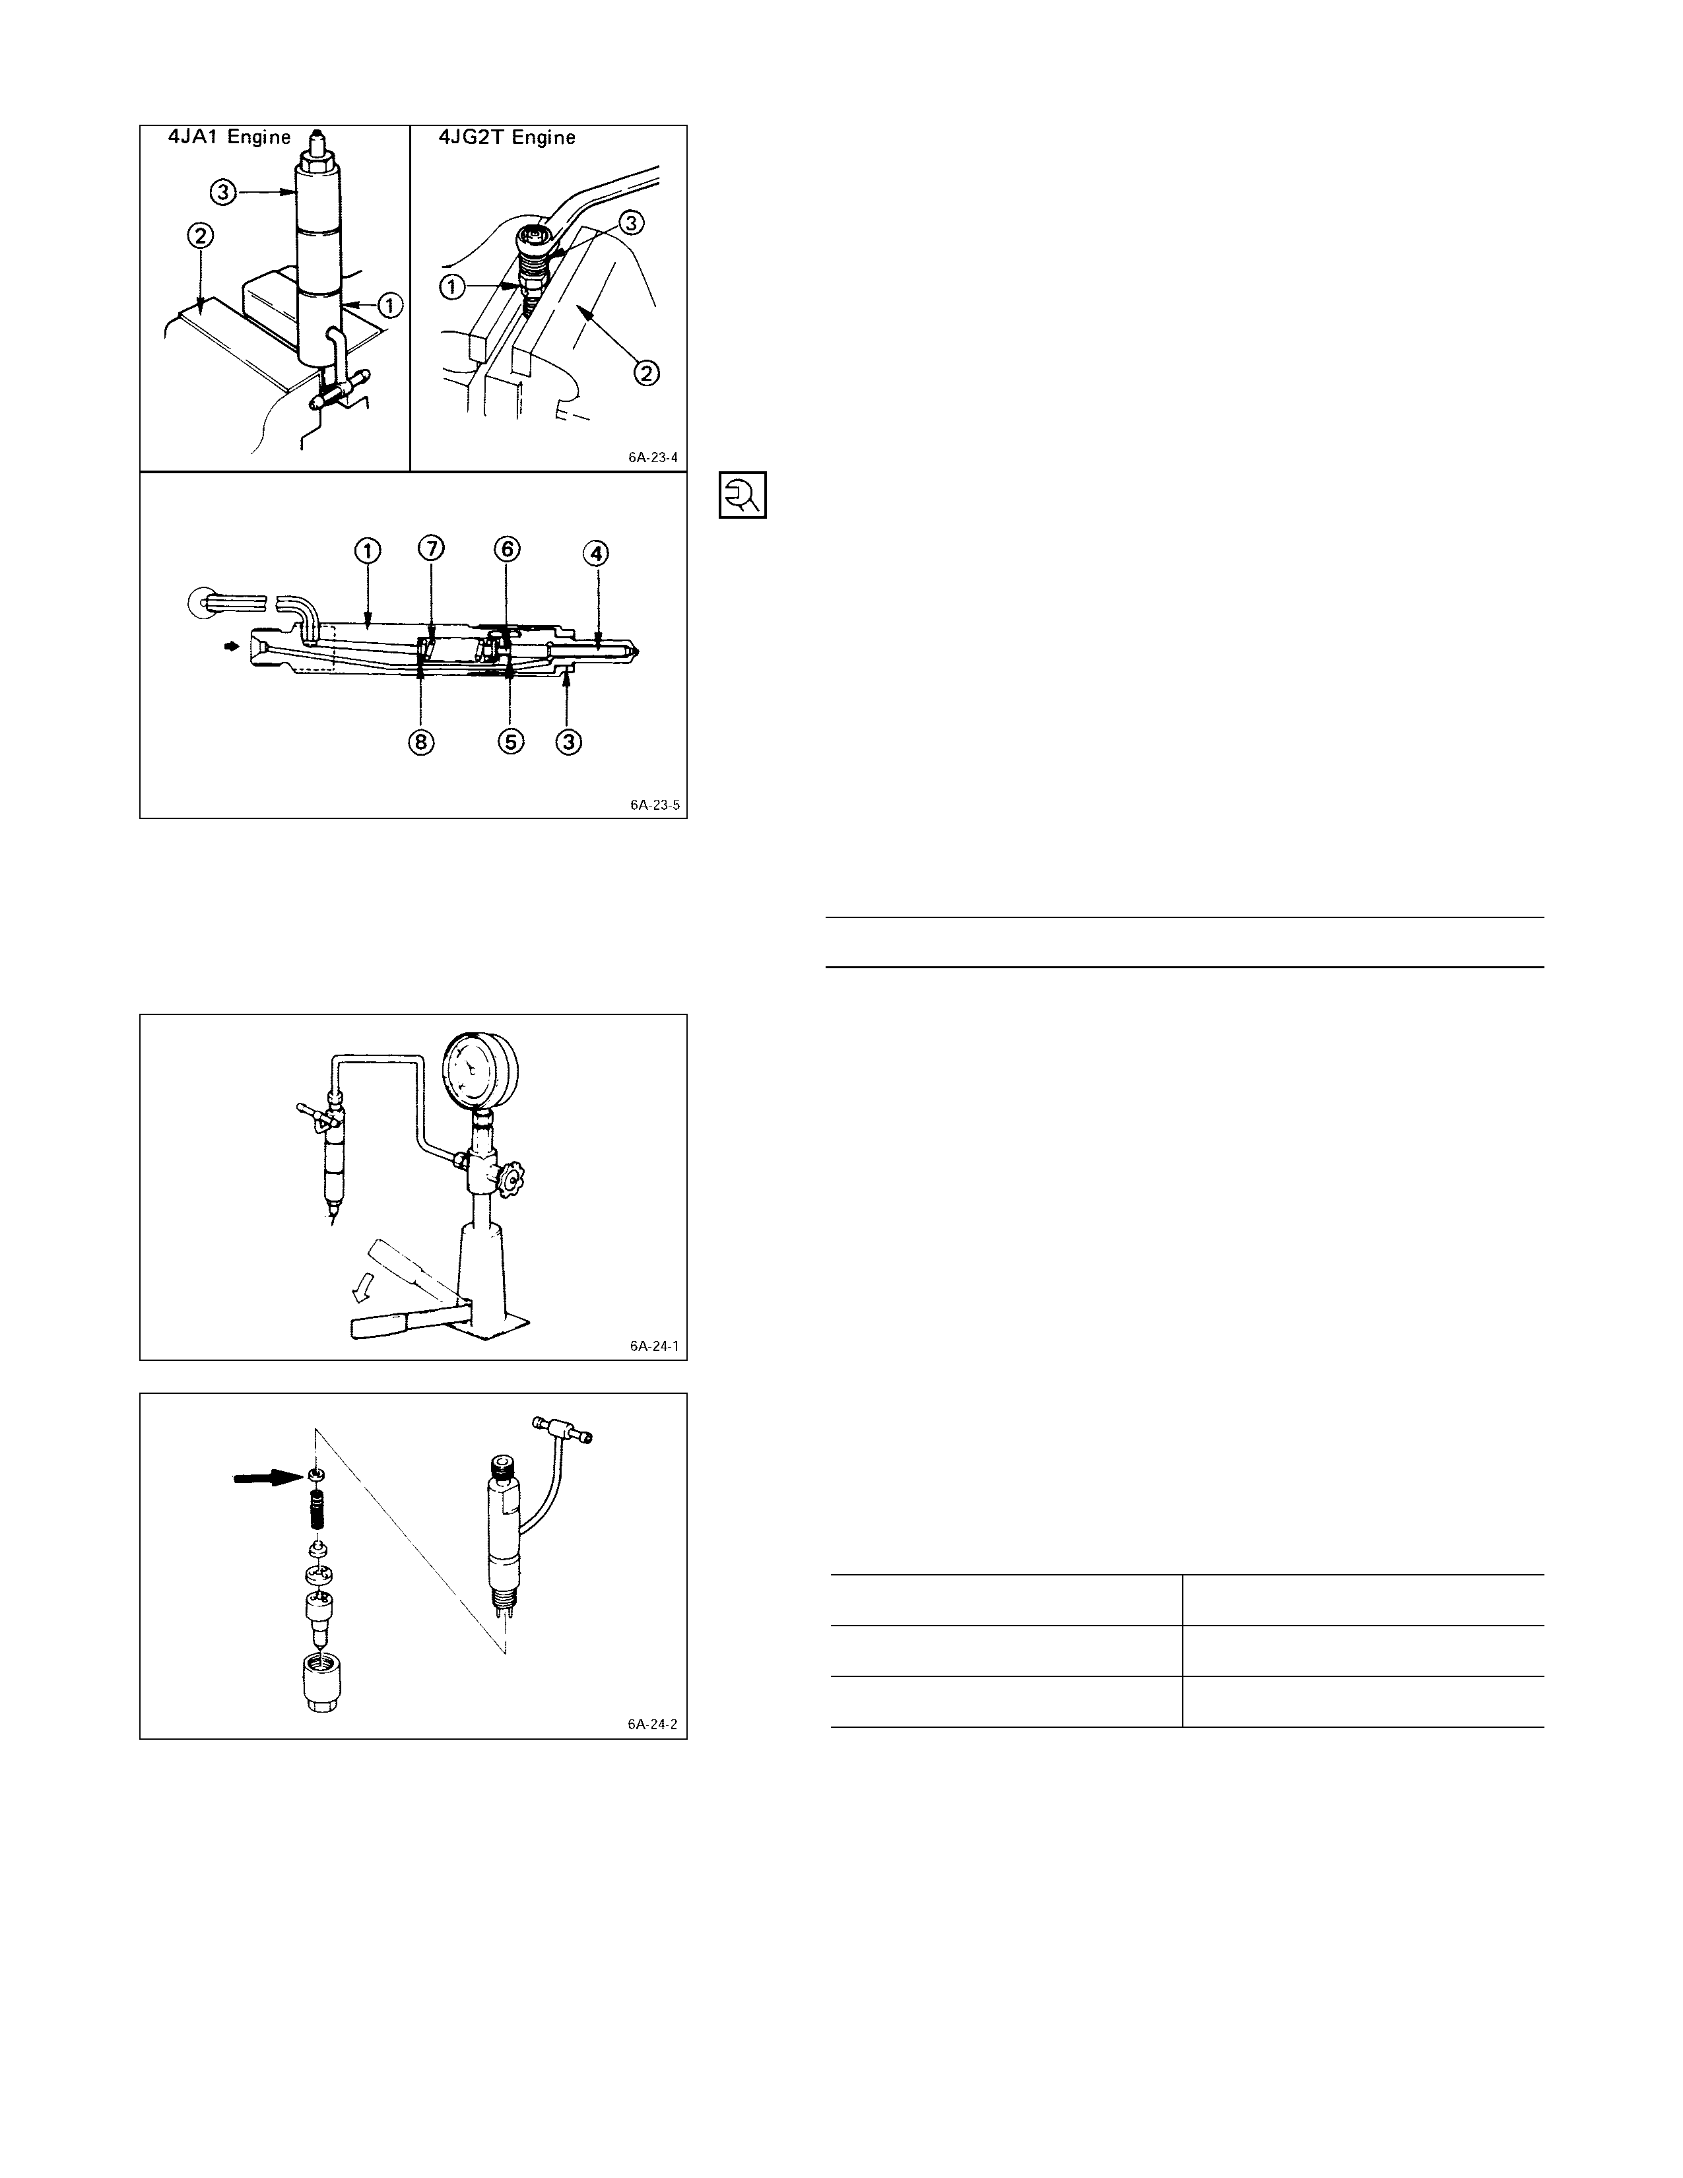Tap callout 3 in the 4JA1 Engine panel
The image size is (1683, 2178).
[223, 191]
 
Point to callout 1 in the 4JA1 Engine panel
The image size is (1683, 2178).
[390, 305]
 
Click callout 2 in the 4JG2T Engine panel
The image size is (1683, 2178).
[647, 374]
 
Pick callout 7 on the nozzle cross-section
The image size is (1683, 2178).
[432, 548]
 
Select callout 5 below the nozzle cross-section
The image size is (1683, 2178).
[510, 742]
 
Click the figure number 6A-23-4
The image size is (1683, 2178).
[653, 458]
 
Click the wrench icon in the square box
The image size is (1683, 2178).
[742, 494]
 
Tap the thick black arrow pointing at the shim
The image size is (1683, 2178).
[266, 1481]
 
